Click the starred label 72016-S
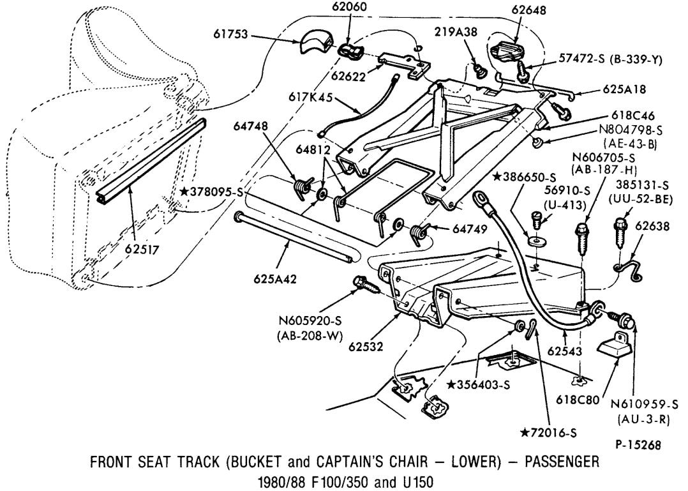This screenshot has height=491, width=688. (549, 433)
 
